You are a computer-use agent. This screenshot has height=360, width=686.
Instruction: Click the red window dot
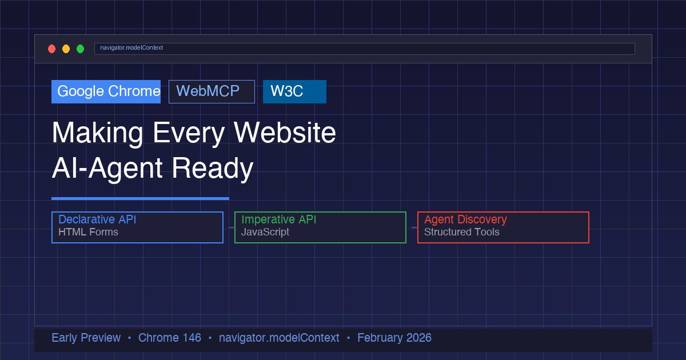click(x=52, y=49)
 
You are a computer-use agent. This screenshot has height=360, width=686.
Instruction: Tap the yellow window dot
click(x=66, y=49)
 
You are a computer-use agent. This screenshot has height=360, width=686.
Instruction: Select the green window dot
click(x=80, y=49)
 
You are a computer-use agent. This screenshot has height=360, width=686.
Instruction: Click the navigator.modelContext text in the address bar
click(x=131, y=48)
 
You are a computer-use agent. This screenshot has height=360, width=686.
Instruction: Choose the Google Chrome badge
click(x=106, y=91)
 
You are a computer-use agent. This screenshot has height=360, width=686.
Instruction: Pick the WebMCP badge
click(x=212, y=91)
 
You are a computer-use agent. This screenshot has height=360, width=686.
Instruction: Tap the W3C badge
click(x=294, y=91)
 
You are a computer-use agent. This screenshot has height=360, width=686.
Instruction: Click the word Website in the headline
click(x=285, y=133)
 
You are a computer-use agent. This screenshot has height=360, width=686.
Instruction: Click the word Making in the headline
click(x=97, y=133)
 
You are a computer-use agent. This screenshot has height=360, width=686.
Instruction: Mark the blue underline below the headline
click(x=140, y=198)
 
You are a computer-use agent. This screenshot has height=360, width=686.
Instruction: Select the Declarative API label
click(x=97, y=219)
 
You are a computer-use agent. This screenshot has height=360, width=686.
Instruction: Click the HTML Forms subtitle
click(x=88, y=232)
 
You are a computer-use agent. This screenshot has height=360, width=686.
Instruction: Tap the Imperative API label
click(x=278, y=219)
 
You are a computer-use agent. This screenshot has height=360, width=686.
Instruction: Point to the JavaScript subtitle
click(x=265, y=232)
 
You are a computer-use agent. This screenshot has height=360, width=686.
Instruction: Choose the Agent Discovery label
click(x=465, y=219)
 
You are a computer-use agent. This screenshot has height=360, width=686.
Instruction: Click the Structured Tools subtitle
click(x=461, y=232)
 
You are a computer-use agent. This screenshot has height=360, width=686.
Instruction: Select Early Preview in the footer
click(x=86, y=338)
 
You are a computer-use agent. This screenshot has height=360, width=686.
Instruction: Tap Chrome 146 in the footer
click(x=170, y=338)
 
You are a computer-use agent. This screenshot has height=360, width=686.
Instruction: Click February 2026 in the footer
click(x=394, y=338)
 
